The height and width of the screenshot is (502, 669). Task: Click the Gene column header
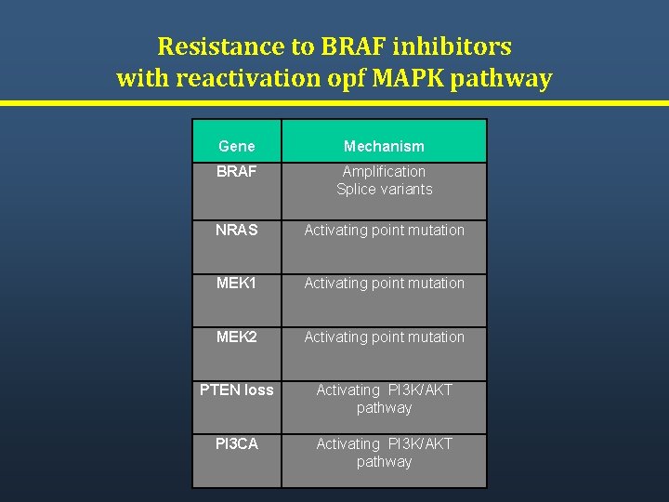pos(236,146)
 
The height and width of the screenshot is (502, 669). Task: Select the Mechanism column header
pos(384,146)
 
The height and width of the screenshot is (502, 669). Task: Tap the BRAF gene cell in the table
pos(236,172)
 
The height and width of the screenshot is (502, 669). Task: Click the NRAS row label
pos(236,230)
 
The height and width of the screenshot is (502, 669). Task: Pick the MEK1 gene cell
pos(236,283)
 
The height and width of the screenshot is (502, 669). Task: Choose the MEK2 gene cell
pos(236,337)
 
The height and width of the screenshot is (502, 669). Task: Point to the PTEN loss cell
pos(236,390)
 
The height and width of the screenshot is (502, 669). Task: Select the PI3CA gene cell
pos(236,444)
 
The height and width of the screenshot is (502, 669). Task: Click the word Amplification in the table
pos(384,172)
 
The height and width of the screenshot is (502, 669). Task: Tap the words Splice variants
pos(384,190)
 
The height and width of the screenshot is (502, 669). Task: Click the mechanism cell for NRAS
pos(384,230)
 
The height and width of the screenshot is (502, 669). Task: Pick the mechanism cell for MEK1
pos(384,283)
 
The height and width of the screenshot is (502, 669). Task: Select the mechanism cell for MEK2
pos(384,337)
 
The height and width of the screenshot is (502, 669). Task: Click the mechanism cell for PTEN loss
pos(384,399)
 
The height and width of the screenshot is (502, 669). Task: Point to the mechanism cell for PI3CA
pos(384,453)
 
